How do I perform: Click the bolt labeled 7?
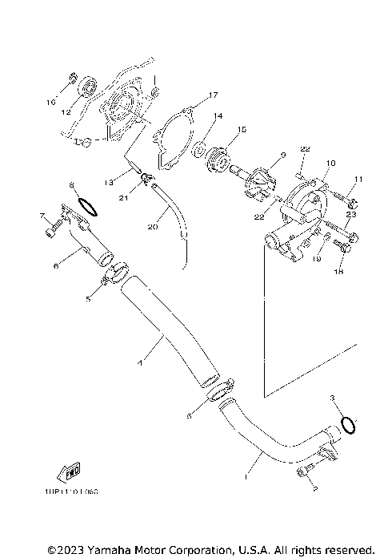52,231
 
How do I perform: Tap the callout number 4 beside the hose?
141,363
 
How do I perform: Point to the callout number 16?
50,103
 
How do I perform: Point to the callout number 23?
350,215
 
